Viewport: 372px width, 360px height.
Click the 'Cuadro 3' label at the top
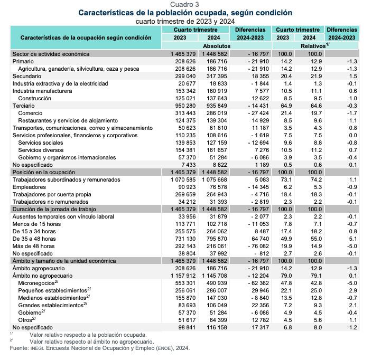click(184, 4)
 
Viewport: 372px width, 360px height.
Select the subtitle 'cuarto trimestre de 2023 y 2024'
click(184, 21)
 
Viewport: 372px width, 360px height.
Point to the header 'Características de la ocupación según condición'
click(86, 37)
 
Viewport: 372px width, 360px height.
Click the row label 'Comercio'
click(30, 113)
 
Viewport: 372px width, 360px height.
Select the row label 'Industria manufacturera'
click(43, 91)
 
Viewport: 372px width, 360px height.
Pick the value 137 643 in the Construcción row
click(217, 99)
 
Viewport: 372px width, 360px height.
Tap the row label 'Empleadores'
click(29, 187)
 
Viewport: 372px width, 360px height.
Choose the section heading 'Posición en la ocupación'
click(44, 173)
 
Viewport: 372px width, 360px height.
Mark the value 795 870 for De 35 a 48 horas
click(217, 239)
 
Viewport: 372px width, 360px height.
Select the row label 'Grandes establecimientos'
click(53, 306)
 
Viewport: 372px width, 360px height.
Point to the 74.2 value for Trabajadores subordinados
click(315, 180)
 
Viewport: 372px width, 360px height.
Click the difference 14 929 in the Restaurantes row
click(256, 121)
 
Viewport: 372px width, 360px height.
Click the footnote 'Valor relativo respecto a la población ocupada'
click(88, 335)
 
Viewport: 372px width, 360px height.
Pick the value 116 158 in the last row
click(217, 328)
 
